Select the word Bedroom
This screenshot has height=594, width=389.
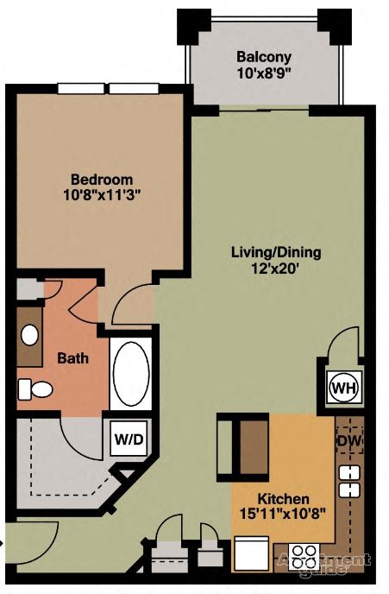(x=102, y=179)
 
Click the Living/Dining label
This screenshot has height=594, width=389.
(x=275, y=253)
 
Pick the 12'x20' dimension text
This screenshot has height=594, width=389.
(x=275, y=269)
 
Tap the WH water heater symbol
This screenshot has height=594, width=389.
(x=342, y=386)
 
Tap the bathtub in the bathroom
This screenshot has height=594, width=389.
(x=130, y=375)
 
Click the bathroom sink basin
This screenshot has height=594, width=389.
(x=30, y=334)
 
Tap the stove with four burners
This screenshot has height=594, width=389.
(x=304, y=553)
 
